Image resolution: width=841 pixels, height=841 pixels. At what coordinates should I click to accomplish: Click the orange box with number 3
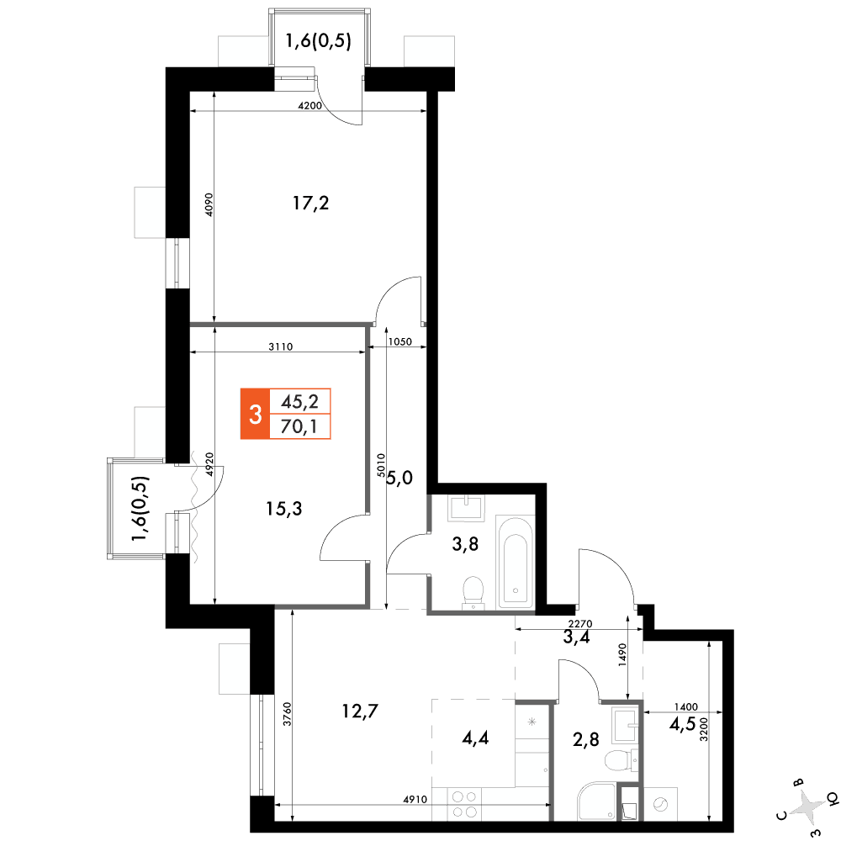[x=255, y=414]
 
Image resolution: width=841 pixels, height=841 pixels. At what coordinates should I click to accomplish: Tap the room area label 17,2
[x=310, y=204]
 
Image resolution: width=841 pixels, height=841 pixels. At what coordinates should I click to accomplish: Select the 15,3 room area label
[x=283, y=509]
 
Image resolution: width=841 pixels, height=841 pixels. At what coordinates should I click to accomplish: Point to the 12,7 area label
[x=360, y=711]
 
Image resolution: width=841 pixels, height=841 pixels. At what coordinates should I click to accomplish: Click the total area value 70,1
[x=299, y=427]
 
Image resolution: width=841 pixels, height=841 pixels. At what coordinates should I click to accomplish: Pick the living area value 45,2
[x=300, y=401]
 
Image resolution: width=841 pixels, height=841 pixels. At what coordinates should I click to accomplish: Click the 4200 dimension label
[x=310, y=106]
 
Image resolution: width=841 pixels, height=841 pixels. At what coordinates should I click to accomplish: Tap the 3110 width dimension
[x=281, y=347]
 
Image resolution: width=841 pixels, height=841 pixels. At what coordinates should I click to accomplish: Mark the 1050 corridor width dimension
[x=399, y=341]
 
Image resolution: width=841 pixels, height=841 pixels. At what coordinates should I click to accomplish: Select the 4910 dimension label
[x=415, y=800]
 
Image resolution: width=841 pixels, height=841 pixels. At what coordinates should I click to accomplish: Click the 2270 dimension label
[x=579, y=624]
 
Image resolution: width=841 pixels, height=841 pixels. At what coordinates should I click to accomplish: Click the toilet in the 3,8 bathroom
[x=473, y=593]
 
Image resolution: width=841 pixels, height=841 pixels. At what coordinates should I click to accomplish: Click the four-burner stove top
[x=464, y=805]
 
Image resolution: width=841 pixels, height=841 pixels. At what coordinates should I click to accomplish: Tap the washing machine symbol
[x=660, y=804]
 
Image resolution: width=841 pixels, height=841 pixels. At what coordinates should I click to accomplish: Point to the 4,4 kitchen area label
[x=475, y=738]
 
